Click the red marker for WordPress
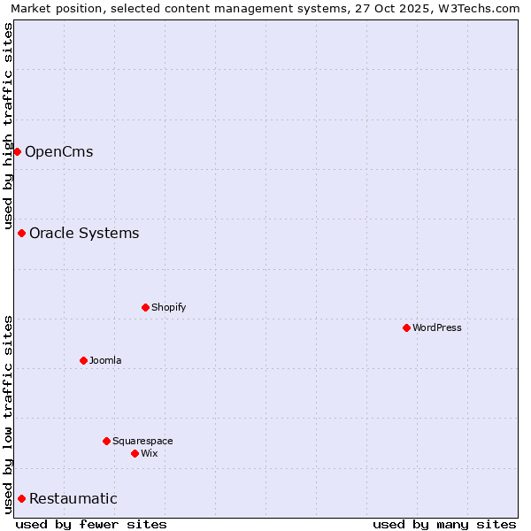(406, 327)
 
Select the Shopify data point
(145, 307)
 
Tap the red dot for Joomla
(83, 360)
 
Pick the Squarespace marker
(106, 441)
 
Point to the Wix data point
(135, 453)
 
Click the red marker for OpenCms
(17, 151)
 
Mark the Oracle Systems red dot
(21, 233)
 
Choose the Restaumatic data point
(21, 498)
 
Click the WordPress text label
(437, 327)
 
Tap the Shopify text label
(168, 307)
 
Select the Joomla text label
(105, 360)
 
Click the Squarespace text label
(142, 441)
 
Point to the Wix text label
(150, 453)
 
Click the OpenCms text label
(58, 151)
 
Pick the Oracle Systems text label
(84, 233)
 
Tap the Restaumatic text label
(73, 498)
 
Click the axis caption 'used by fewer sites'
(91, 524)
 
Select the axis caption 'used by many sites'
(444, 524)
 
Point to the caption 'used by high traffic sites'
(8, 127)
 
